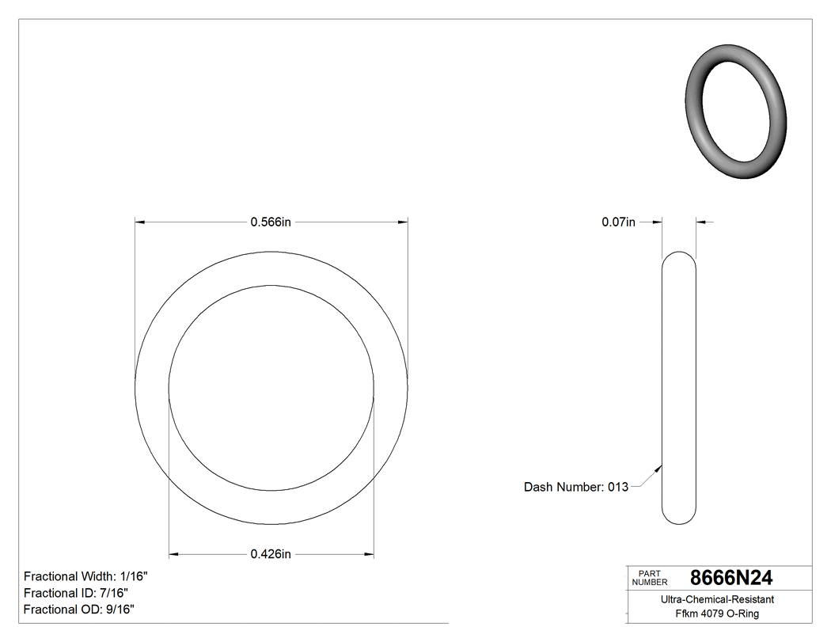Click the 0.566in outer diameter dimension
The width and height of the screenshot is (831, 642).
tap(271, 222)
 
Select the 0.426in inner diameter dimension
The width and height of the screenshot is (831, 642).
tap(271, 554)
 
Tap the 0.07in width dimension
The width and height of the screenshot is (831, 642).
tap(618, 222)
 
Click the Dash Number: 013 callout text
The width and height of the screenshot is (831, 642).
tap(575, 487)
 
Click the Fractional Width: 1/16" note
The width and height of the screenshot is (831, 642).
tap(85, 576)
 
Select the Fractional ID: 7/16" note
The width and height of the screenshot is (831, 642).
tap(76, 593)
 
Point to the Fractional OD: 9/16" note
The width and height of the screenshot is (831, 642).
tap(79, 610)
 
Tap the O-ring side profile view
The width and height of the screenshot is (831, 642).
tap(678, 388)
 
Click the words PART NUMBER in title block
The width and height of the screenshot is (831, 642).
tap(649, 578)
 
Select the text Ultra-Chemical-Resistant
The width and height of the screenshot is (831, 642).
tap(717, 600)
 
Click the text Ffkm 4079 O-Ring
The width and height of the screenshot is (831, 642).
tap(717, 614)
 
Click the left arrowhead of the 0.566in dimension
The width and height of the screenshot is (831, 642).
tap(140, 222)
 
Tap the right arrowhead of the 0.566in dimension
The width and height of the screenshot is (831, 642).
tap(403, 222)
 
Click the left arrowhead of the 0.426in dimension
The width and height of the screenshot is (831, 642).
tap(174, 554)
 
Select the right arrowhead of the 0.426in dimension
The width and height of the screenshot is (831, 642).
tap(369, 554)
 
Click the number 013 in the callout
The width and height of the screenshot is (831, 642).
tap(617, 487)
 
